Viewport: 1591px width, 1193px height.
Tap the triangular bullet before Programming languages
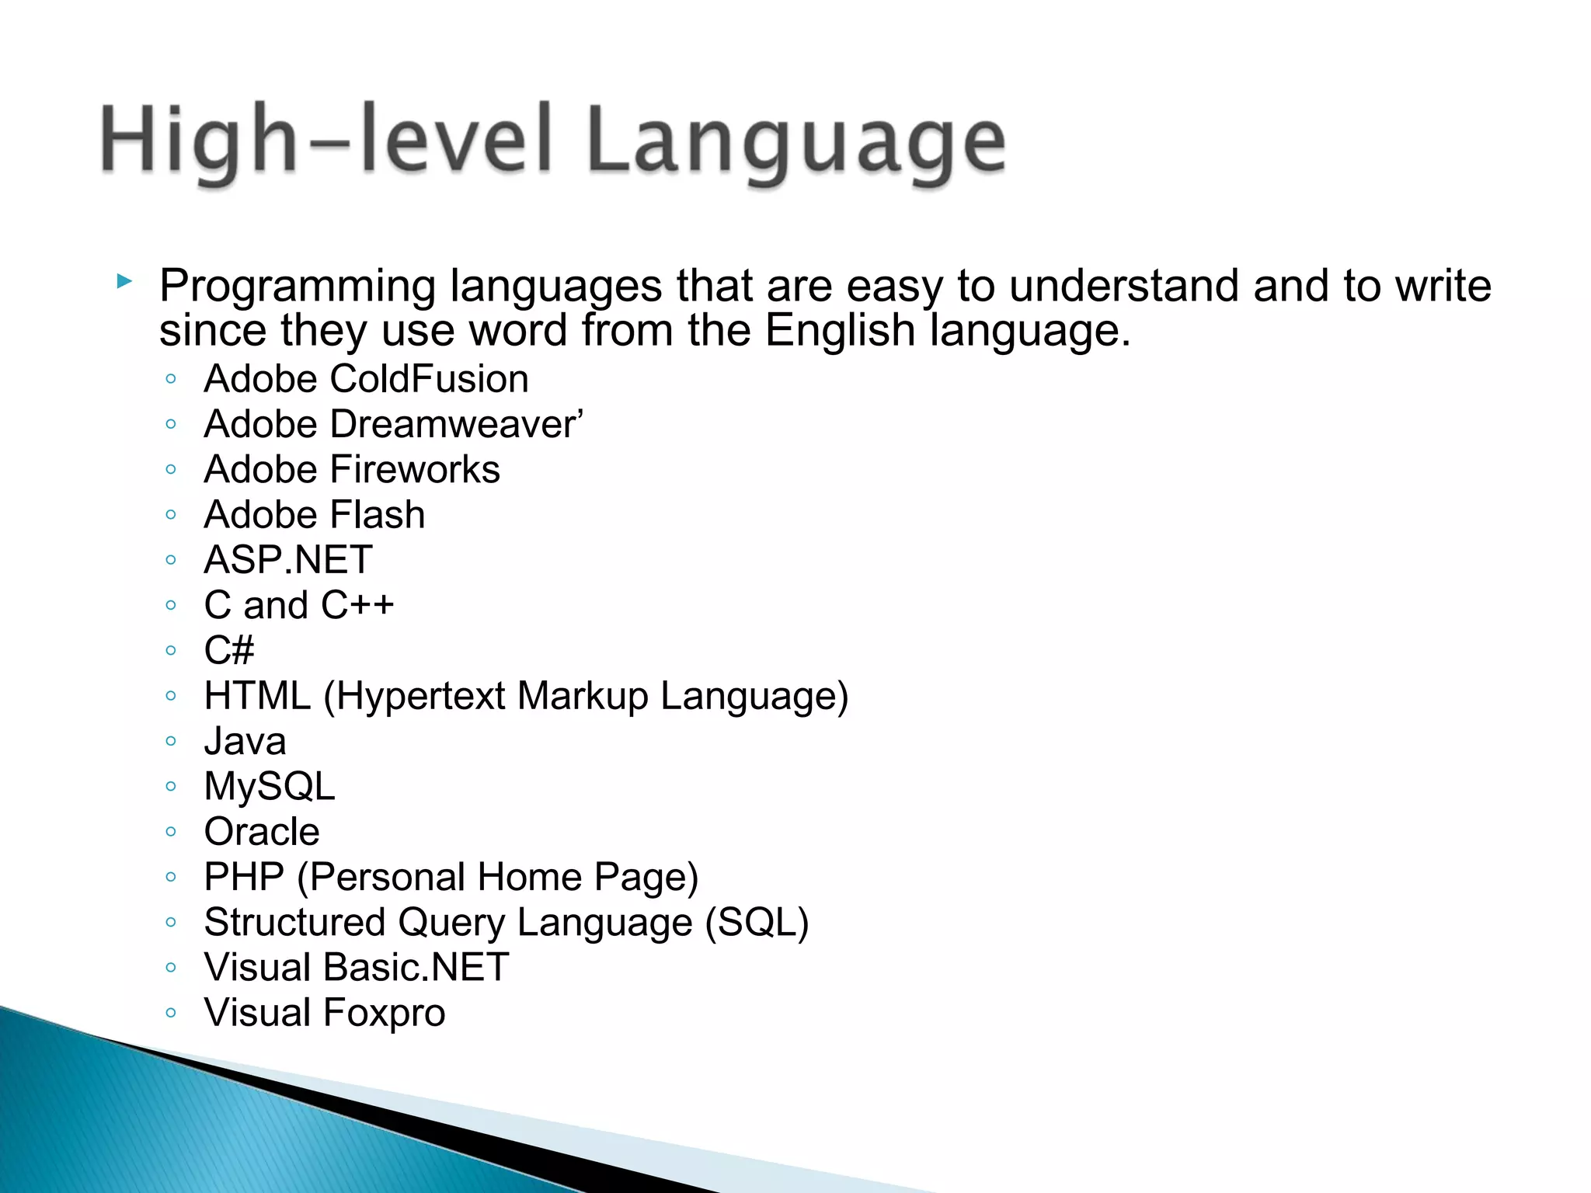(x=124, y=281)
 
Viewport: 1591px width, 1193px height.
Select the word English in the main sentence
(x=840, y=331)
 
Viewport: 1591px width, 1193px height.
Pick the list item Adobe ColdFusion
(x=366, y=380)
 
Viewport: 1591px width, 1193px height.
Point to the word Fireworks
(x=415, y=470)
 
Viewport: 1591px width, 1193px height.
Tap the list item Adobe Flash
(x=314, y=515)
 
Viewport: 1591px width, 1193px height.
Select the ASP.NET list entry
(x=288, y=560)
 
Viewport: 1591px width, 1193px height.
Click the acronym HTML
(x=257, y=696)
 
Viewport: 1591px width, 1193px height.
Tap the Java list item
(x=245, y=742)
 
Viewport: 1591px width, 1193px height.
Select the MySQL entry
(x=270, y=787)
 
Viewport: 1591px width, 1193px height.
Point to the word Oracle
(x=262, y=832)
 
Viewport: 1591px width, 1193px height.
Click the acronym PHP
(x=244, y=877)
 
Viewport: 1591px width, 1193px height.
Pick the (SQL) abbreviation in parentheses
(x=757, y=923)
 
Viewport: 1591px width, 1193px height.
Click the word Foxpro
(x=384, y=1013)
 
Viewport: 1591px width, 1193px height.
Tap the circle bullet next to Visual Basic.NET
(x=171, y=968)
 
